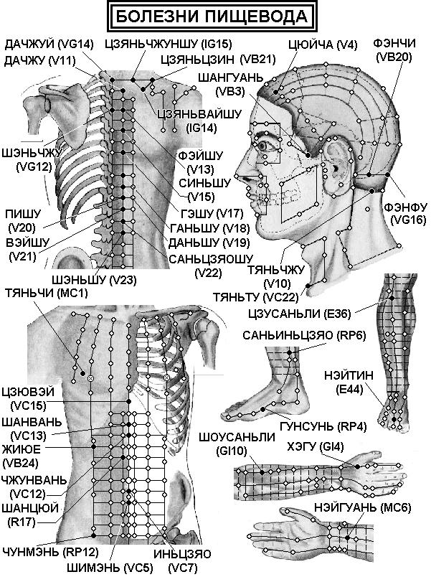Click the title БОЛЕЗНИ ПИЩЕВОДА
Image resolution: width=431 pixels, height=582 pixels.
(212, 17)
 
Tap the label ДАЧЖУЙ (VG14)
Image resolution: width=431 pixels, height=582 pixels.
(49, 44)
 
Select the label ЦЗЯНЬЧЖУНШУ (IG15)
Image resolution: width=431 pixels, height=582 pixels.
(169, 44)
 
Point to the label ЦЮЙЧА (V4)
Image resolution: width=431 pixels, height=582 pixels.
(322, 45)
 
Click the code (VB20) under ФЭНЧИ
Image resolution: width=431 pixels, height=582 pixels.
(394, 57)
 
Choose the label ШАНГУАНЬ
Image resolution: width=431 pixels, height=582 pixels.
(231, 78)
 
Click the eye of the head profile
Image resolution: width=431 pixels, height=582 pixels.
(265, 146)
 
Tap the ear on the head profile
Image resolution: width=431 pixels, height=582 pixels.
(335, 165)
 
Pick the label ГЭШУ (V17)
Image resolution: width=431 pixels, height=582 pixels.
(212, 213)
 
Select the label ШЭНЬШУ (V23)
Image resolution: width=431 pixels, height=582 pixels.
(94, 279)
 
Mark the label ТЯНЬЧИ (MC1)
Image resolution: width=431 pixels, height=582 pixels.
(47, 294)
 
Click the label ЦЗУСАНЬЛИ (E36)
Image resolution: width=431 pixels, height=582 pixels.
(299, 314)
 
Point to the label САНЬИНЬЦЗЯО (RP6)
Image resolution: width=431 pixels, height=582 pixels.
(304, 335)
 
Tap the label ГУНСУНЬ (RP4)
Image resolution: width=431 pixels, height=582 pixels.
(323, 426)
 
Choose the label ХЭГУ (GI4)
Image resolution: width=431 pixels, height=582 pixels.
(316, 447)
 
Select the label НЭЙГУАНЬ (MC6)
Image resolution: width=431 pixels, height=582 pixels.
(362, 508)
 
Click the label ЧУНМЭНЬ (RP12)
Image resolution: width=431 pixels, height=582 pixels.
(50, 552)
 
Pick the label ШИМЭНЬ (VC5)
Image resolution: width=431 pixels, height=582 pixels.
(110, 567)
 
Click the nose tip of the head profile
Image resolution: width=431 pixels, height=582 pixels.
(236, 176)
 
